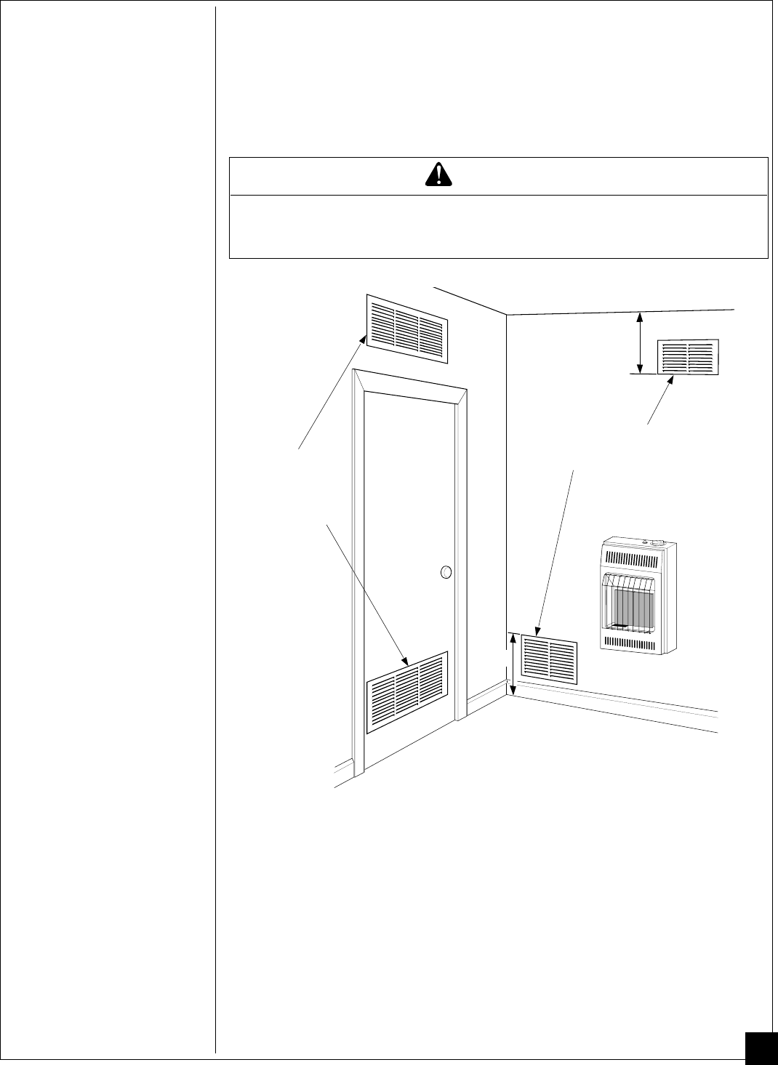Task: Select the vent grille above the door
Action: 407,329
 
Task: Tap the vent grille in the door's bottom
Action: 407,692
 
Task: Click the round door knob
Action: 446,573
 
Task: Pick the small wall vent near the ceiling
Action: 688,357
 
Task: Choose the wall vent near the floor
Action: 550,661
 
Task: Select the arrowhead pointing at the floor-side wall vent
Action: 539,632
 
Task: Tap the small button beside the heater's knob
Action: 644,542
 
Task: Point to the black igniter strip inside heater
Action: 619,625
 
